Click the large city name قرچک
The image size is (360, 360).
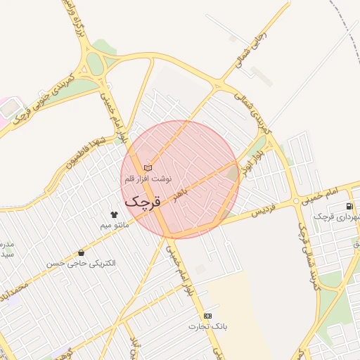pyautogui.click(x=143, y=200)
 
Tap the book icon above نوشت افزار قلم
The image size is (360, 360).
pyautogui.click(x=148, y=167)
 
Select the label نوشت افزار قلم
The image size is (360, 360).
pyautogui.click(x=148, y=179)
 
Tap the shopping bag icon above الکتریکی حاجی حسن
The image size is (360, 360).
pyautogui.click(x=82, y=252)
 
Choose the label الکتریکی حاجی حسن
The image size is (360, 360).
pyautogui.click(x=82, y=263)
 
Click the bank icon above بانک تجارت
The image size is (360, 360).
pyautogui.click(x=207, y=316)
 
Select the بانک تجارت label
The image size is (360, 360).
pyautogui.click(x=207, y=327)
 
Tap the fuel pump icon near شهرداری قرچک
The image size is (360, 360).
pyautogui.click(x=349, y=206)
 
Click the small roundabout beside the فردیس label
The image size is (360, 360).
pyautogui.click(x=297, y=201)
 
